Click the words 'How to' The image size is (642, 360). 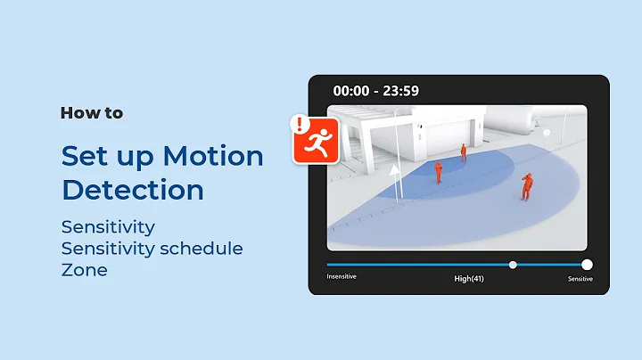[92, 113]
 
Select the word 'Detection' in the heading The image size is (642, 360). [132, 190]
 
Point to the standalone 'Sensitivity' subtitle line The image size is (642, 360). [108, 226]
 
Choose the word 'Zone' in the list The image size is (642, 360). [84, 269]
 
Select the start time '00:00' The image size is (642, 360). [351, 91]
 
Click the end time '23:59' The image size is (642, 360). [400, 91]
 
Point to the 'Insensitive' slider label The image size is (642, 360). [342, 277]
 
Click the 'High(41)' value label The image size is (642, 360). [470, 278]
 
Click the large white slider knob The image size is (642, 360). [587, 264]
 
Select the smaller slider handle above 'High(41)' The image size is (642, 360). [513, 264]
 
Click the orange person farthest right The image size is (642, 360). [527, 186]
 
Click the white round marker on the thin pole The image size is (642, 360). [547, 132]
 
